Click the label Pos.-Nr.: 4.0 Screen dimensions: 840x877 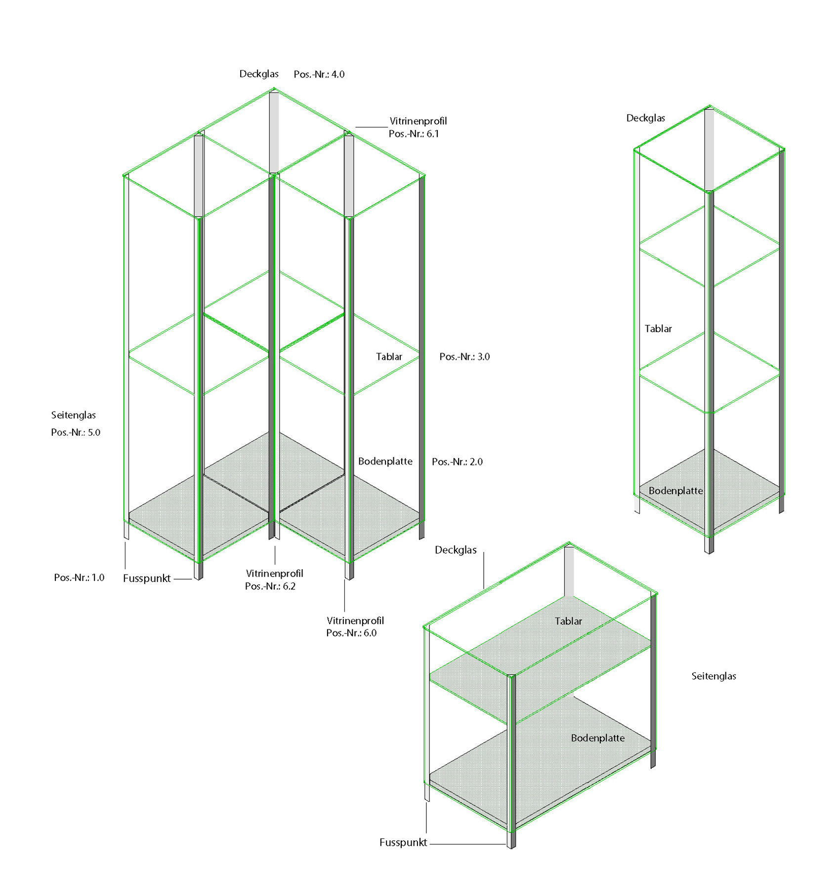click(x=319, y=75)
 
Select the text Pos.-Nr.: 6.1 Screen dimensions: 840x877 click(x=414, y=134)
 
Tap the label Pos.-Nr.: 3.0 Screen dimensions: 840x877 click(x=464, y=357)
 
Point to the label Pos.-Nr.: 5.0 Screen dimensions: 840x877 click(x=76, y=432)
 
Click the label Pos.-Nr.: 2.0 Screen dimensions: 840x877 click(x=457, y=462)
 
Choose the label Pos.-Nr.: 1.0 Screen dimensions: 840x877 click(x=79, y=578)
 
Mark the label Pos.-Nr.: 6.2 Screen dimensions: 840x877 click(x=270, y=586)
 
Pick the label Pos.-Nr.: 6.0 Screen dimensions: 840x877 click(x=351, y=633)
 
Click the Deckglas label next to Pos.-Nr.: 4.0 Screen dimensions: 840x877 click(x=259, y=74)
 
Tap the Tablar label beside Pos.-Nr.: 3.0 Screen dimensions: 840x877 click(x=389, y=357)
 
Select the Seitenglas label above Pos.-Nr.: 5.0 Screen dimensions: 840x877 click(x=73, y=415)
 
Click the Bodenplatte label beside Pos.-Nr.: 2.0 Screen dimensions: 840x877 click(x=385, y=461)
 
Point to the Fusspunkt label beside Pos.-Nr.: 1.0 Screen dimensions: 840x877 click(x=147, y=579)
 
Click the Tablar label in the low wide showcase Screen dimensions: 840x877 click(x=568, y=622)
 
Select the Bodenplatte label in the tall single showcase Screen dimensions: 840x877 click(x=675, y=491)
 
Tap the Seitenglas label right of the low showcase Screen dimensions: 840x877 click(x=714, y=676)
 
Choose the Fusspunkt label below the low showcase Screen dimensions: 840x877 click(x=403, y=843)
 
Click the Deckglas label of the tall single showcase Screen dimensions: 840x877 click(x=645, y=118)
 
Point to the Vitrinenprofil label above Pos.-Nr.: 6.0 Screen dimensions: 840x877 click(x=355, y=621)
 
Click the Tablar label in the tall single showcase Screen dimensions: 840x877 click(x=658, y=329)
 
